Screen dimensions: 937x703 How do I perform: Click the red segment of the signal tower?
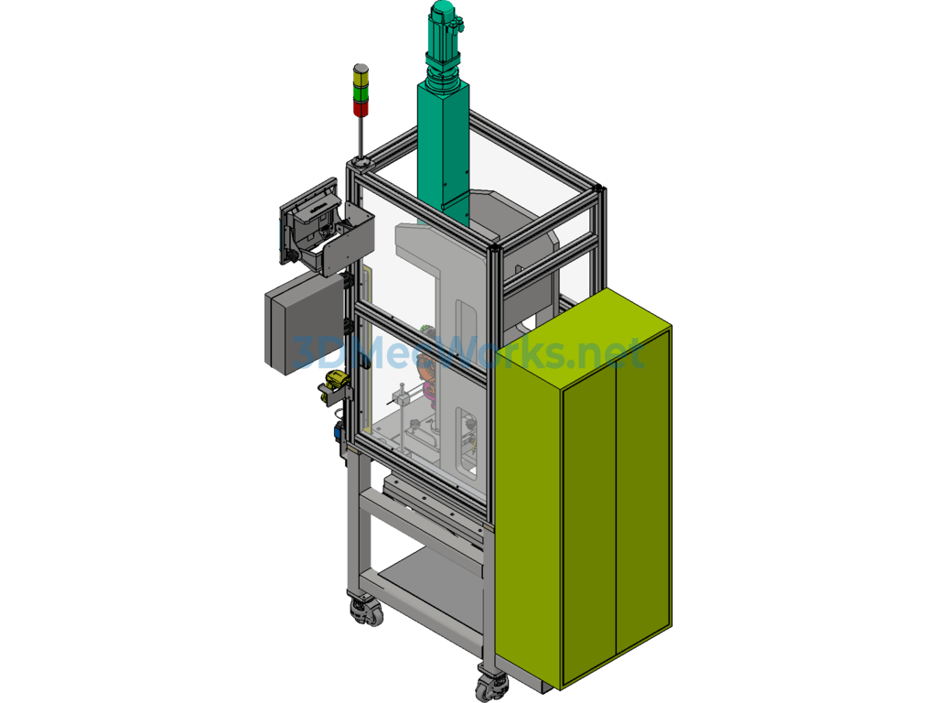(361, 109)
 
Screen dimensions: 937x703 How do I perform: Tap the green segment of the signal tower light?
(361, 94)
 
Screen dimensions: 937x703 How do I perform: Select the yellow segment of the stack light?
(361, 77)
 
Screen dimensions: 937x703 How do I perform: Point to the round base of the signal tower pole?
(361, 161)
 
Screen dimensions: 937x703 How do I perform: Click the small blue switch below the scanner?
(339, 430)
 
